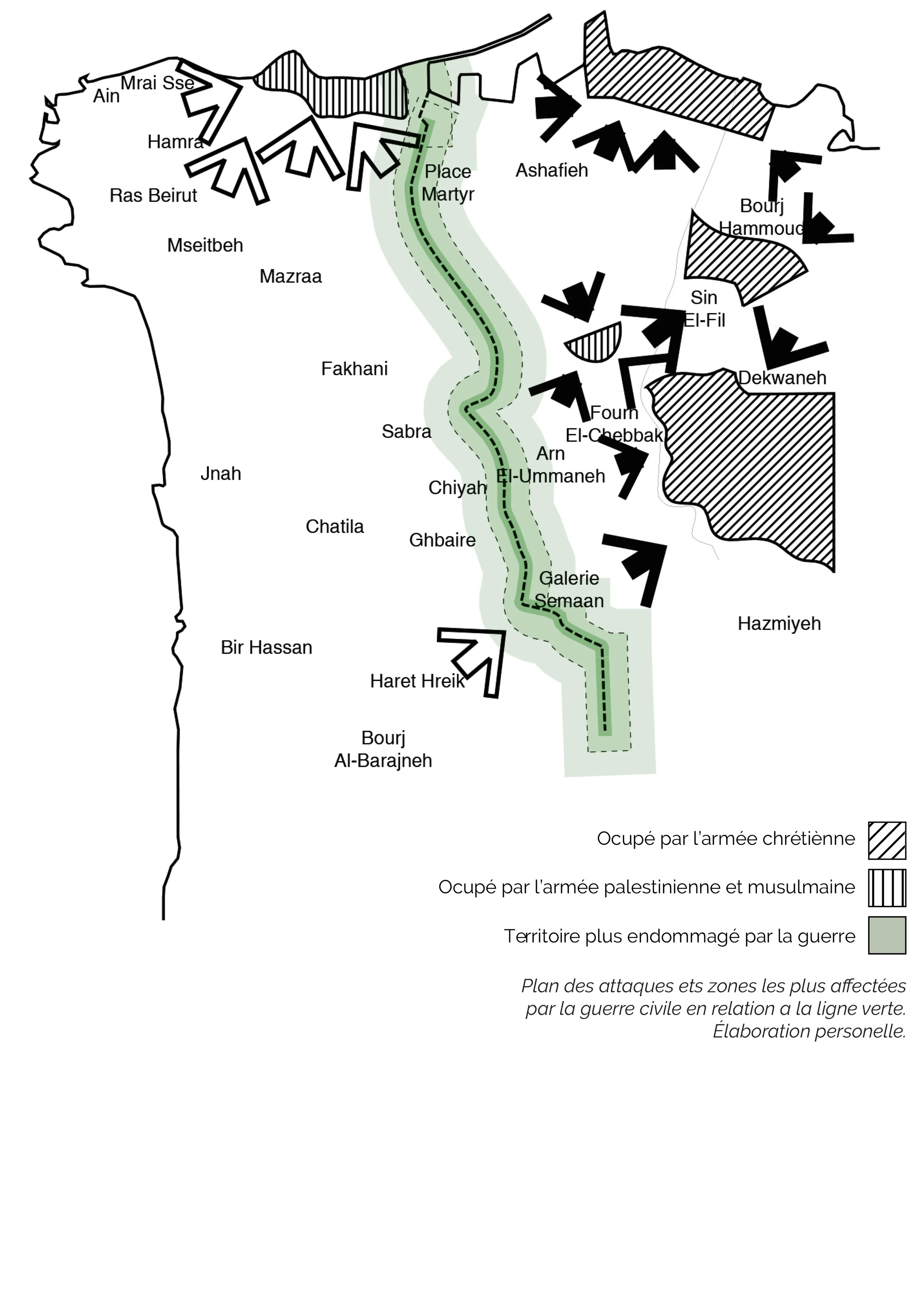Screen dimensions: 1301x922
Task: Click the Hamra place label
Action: point(175,142)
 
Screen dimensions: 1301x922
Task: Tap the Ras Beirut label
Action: point(153,196)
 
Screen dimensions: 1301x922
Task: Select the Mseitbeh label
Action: point(205,245)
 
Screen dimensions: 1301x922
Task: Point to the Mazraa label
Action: point(291,277)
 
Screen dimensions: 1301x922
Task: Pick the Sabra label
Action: point(406,432)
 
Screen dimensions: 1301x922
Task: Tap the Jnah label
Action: point(221,474)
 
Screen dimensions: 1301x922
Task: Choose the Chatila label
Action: point(335,527)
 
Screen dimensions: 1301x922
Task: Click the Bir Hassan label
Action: point(266,648)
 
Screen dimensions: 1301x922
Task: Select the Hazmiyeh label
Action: point(779,624)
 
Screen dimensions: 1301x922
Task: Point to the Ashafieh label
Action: point(552,171)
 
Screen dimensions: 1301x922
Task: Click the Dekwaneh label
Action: point(782,378)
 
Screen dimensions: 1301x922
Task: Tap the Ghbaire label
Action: point(442,540)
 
